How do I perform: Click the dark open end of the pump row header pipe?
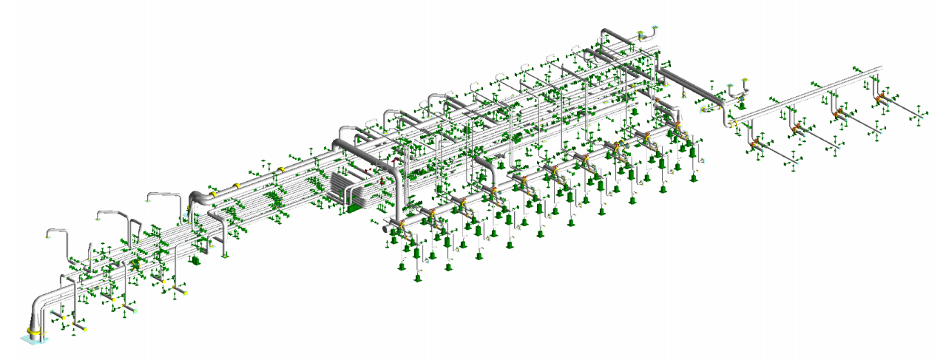[385, 230]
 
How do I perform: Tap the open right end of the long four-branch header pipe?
[880, 68]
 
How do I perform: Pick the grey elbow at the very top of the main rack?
[606, 33]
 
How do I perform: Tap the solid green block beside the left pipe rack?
[197, 261]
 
